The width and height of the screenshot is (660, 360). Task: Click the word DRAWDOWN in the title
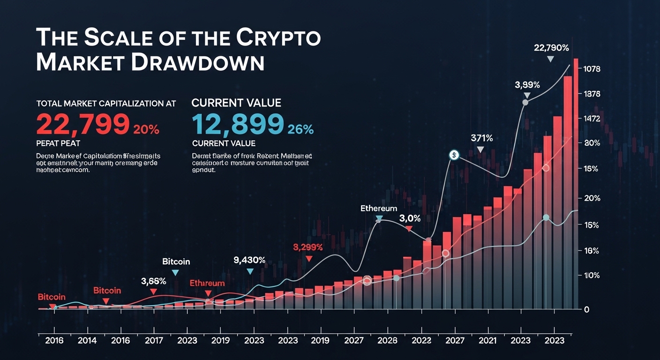197,62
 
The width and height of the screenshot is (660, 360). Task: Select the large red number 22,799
82,124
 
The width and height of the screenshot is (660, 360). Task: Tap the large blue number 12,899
238,124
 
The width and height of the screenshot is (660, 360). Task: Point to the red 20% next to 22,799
146,130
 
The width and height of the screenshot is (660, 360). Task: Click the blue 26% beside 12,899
300,130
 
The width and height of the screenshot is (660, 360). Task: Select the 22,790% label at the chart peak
551,47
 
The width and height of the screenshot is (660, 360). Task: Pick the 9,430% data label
249,260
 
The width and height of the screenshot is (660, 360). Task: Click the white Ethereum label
379,208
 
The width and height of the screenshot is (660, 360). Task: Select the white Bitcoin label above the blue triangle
176,261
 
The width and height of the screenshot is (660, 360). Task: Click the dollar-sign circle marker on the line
453,155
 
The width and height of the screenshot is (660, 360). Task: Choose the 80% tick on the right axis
592,143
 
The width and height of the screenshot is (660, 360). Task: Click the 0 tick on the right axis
586,309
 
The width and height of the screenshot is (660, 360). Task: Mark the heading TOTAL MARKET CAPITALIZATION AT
106,103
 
